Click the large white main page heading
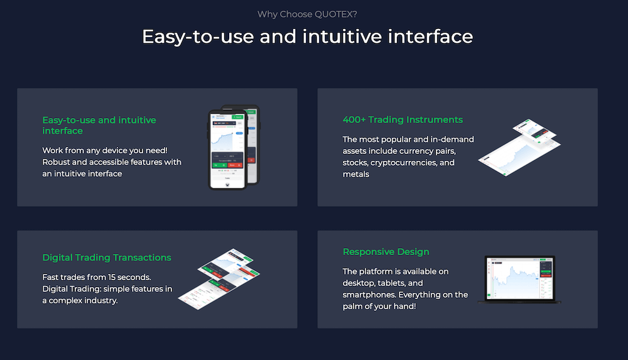coord(307,36)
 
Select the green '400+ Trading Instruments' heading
coord(403,119)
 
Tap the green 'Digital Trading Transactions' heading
coord(107,258)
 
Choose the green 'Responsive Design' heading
coord(386,252)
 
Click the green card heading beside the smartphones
coord(99,125)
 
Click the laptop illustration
coord(519,279)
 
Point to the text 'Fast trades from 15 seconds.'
coord(98,277)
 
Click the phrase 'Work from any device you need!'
coord(105,151)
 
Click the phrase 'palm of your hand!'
coord(379,306)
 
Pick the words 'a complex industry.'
coord(80,300)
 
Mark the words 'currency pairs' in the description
coord(434,151)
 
